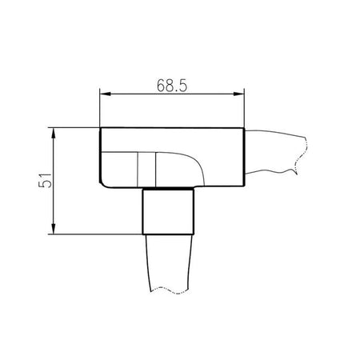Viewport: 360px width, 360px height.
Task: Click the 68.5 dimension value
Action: pos(172,86)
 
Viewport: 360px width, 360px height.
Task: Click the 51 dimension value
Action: pos(45,181)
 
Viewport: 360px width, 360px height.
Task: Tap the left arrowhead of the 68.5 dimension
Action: pos(105,94)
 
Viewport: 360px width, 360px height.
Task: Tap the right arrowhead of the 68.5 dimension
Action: pos(238,94)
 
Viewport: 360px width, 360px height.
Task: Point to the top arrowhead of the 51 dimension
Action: pos(54,133)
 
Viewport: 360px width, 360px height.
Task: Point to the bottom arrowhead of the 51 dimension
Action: pos(54,229)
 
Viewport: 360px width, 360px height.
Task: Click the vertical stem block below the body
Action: pos(169,211)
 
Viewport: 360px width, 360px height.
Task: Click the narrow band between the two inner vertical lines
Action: pos(146,169)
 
